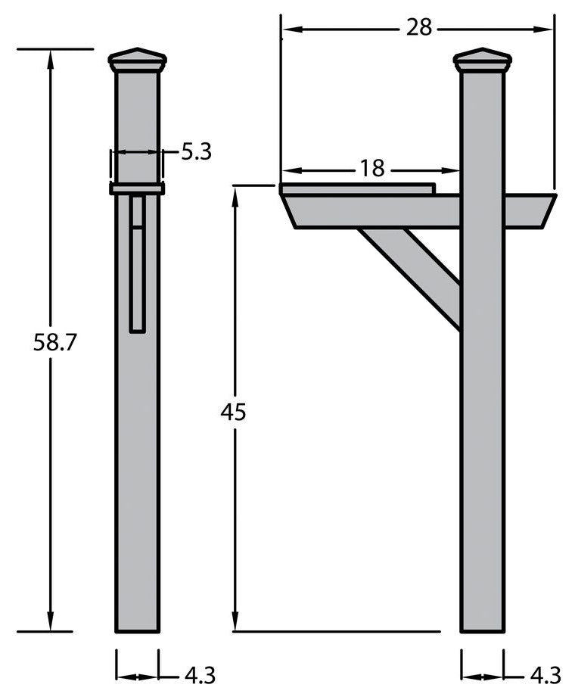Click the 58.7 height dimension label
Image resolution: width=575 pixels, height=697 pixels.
(x=55, y=341)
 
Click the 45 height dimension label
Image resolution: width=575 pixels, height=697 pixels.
(x=234, y=412)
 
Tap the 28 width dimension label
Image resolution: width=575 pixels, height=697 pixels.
(x=418, y=28)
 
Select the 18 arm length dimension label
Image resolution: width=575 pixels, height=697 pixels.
(x=371, y=168)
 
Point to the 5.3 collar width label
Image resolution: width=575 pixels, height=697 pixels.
(x=196, y=152)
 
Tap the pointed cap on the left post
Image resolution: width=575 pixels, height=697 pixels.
(x=137, y=60)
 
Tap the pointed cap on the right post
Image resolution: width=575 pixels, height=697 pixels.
(x=482, y=60)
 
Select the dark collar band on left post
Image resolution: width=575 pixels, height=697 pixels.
(x=137, y=188)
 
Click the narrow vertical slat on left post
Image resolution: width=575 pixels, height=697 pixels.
(x=137, y=265)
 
